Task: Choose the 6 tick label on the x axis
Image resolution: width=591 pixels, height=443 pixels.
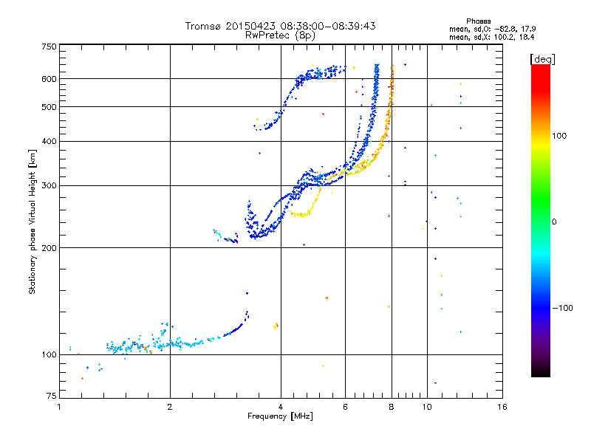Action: (346, 407)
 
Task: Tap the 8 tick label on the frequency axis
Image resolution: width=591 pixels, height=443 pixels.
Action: (392, 407)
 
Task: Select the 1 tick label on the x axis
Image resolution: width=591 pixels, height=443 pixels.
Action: (59, 407)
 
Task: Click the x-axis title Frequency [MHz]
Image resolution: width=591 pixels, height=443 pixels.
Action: (281, 417)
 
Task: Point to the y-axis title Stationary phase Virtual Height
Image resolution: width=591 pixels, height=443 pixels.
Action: (33, 221)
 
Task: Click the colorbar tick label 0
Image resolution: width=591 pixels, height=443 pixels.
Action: (553, 221)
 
